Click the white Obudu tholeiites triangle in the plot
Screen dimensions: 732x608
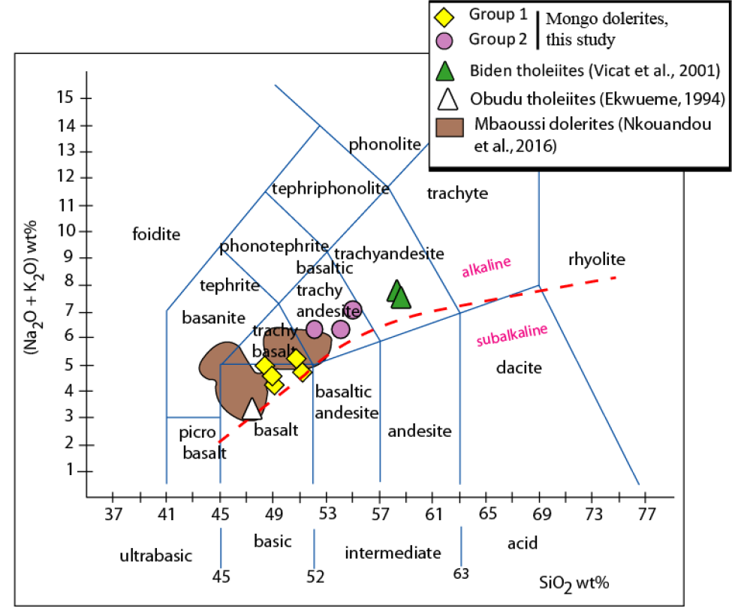(252, 410)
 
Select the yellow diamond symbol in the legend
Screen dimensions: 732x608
(444, 17)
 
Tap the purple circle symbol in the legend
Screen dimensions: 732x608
(444, 41)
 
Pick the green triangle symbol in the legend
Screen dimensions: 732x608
(445, 71)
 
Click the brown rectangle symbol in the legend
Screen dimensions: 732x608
(450, 127)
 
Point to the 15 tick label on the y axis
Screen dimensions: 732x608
(65, 97)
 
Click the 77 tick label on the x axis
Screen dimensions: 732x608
(646, 514)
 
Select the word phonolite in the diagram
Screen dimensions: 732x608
(384, 144)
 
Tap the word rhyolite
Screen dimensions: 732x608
(597, 259)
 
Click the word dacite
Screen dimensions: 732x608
(519, 368)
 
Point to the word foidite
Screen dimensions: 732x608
(156, 233)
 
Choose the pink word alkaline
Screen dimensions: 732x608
(486, 267)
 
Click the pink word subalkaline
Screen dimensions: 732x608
(512, 335)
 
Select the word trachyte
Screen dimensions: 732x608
(457, 193)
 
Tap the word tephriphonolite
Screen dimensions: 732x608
(330, 188)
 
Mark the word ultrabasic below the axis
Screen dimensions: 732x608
(156, 555)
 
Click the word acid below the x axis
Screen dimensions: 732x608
(523, 543)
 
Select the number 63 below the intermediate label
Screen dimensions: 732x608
(461, 573)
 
